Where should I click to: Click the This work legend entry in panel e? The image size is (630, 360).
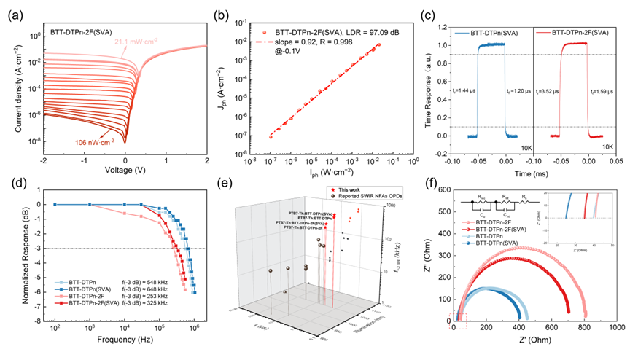click(x=350, y=190)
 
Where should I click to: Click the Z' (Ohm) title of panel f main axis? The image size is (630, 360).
click(x=526, y=340)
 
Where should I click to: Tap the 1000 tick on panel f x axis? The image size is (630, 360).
click(x=616, y=328)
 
